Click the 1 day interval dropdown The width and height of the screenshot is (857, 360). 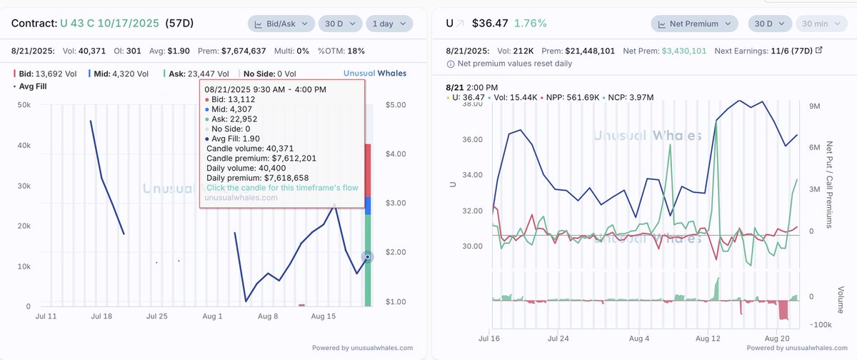pyautogui.click(x=389, y=24)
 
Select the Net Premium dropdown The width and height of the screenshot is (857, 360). pyautogui.click(x=693, y=24)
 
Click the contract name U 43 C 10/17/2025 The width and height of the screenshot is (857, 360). pyautogui.click(x=114, y=24)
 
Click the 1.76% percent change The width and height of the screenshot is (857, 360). pyautogui.click(x=532, y=24)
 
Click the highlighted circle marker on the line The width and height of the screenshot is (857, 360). pyautogui.click(x=367, y=256)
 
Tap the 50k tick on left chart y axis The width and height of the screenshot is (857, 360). pyautogui.click(x=24, y=105)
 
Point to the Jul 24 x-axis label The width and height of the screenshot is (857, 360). pyautogui.click(x=558, y=339)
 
